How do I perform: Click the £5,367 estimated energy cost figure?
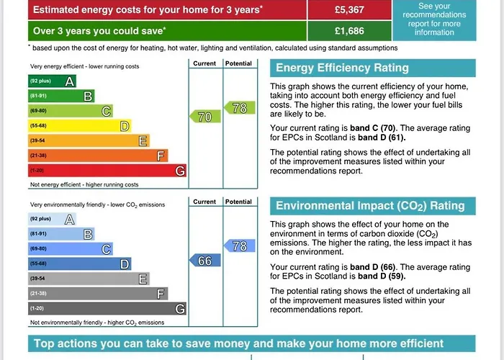[350, 9]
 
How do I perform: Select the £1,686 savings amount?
[350, 31]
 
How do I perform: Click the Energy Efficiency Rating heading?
[342, 68]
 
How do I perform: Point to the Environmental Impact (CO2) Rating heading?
[370, 206]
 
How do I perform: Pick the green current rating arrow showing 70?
[204, 117]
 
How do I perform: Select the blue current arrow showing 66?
[204, 261]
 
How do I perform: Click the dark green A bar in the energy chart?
[53, 81]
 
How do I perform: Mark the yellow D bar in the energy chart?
[80, 126]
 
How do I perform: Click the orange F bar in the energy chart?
[98, 156]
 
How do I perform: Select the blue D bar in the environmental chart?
[80, 264]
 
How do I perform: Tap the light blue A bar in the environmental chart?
[53, 219]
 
